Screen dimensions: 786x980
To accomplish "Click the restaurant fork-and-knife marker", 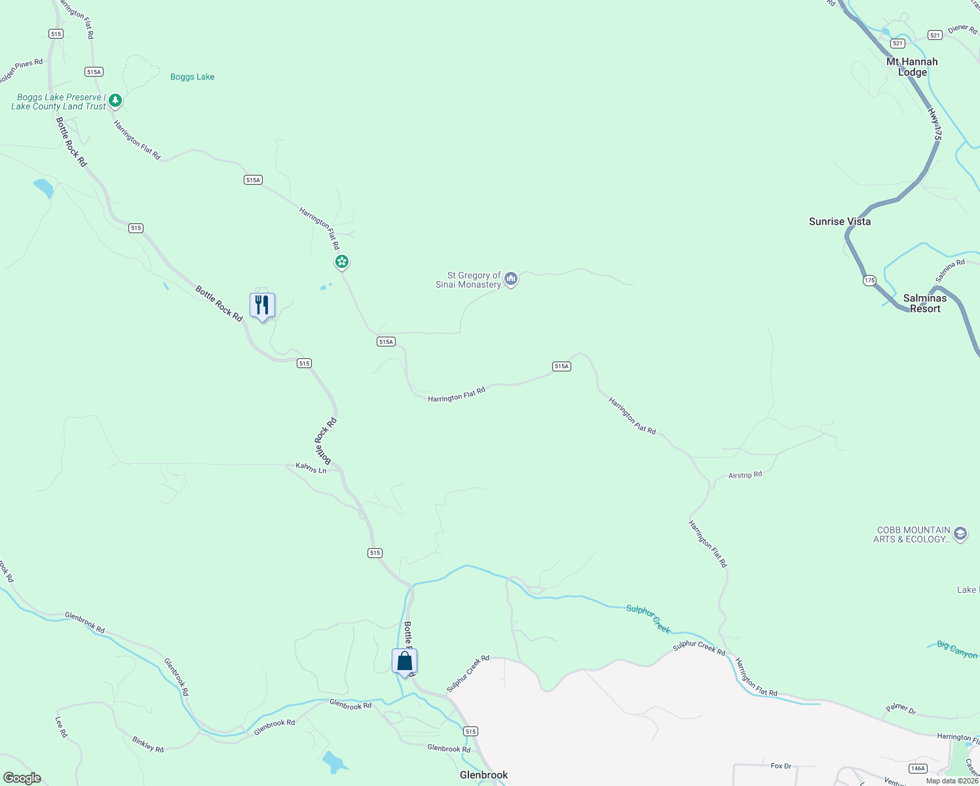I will click(x=262, y=305).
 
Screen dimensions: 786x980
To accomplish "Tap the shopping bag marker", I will click(x=405, y=661).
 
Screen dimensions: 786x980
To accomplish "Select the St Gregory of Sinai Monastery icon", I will click(x=511, y=280).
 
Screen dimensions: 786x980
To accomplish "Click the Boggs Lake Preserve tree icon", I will click(x=115, y=100).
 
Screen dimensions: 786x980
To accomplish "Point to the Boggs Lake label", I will click(x=192, y=77).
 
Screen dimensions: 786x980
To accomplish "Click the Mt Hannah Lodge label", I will click(x=912, y=67).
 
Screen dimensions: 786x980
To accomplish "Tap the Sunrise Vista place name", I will click(x=840, y=221).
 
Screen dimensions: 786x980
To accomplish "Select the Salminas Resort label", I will click(x=924, y=303).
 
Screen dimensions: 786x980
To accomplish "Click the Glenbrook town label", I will click(x=483, y=775).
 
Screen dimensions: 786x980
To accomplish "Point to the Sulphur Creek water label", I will click(x=648, y=618).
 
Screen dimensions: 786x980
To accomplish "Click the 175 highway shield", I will click(x=869, y=280).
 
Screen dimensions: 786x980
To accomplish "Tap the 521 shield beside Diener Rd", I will click(x=935, y=35).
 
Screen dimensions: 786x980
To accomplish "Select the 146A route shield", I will click(x=918, y=768).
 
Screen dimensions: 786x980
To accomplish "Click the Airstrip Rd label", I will click(x=745, y=475).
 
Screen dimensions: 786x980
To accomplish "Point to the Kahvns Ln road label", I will click(x=311, y=468).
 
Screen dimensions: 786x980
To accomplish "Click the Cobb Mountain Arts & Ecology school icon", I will click(x=960, y=534).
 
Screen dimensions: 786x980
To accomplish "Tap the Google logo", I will click(x=22, y=778).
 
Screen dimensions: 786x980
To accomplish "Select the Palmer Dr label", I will click(x=901, y=708).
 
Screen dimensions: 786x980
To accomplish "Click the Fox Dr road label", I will click(x=781, y=766).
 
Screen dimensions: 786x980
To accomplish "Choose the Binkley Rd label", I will click(x=148, y=744).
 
